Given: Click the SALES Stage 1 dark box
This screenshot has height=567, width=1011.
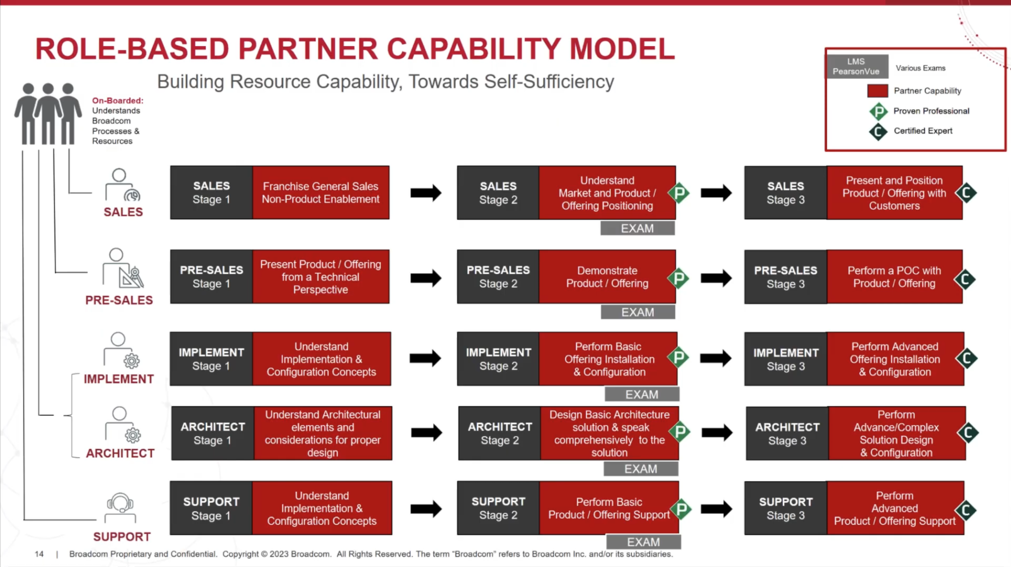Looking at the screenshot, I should pos(211,192).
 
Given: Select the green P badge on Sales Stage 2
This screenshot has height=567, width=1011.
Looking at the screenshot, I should pos(679,193).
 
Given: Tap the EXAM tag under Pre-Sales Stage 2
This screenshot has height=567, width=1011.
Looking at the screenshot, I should pos(638,312).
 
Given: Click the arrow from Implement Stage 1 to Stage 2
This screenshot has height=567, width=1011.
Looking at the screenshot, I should pos(425,358).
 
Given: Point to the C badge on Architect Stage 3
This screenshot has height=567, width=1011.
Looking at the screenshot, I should pos(968,432).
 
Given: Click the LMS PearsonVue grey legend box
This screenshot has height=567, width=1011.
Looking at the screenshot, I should pos(857,66).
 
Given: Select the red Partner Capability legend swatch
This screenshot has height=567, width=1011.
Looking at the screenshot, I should pos(877,91).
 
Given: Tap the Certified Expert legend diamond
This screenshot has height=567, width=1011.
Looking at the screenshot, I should pos(878,131).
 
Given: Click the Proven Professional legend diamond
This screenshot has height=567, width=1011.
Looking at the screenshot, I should pos(878,111).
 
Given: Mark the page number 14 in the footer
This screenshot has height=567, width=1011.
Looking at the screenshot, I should pos(39,554).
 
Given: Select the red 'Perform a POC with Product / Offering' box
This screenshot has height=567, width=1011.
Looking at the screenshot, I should pos(894,277).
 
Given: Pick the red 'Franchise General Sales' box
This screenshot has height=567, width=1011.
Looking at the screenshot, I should pos(321,192).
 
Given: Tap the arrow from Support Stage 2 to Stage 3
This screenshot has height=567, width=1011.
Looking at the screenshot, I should pos(716,509).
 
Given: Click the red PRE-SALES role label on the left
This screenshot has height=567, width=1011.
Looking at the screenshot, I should pos(119,300).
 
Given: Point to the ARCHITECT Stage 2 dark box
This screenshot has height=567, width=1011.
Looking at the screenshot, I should pos(499,433).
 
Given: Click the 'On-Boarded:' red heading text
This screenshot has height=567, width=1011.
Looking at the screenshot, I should pos(117,101).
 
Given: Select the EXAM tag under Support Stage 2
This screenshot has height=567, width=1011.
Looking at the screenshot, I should pos(643,542).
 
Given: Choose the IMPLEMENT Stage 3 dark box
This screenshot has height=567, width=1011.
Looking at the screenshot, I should pos(786,359).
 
